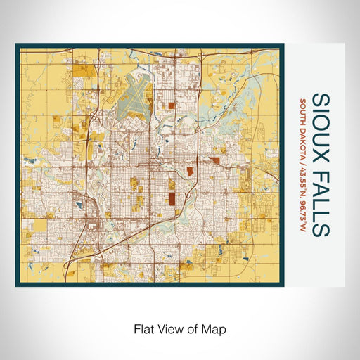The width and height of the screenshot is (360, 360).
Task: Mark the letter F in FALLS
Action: (317, 172)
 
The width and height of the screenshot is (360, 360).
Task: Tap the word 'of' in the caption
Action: (191, 328)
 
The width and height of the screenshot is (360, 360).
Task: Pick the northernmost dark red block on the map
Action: (172, 108)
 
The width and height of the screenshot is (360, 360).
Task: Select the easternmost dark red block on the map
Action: (214, 161)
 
